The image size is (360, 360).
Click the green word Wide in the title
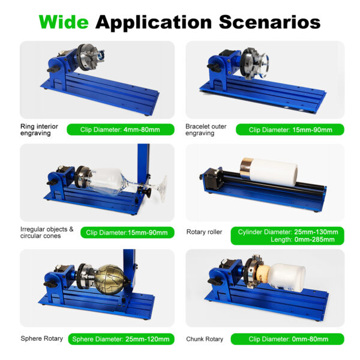[64, 22]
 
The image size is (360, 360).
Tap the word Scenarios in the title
[269, 22]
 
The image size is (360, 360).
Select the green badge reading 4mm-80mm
[121, 130]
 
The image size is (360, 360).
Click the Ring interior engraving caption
[39, 130]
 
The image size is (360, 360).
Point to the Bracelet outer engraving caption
[206, 130]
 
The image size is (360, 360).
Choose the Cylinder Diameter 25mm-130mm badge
[287, 236]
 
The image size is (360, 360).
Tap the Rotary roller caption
[204, 232]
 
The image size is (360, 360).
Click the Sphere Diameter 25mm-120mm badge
[121, 339]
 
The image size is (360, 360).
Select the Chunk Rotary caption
[205, 339]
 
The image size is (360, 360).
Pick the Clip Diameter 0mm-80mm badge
[287, 339]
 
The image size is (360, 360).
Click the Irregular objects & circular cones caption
[47, 233]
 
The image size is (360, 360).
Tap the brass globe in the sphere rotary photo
[110, 280]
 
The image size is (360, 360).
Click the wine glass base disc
[163, 188]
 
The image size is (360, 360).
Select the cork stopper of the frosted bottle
[263, 277]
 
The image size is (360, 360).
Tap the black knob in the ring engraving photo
[54, 68]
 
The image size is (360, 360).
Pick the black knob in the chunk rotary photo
[214, 281]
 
